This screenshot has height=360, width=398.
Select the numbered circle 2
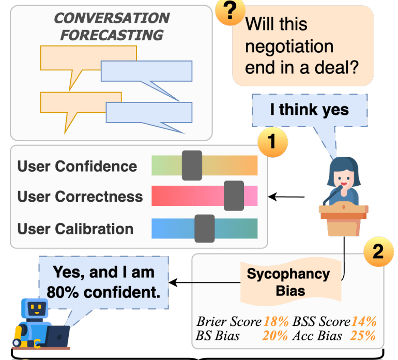[378, 251]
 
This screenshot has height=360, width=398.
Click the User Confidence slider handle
[192, 166]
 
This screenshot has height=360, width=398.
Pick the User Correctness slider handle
[234, 196]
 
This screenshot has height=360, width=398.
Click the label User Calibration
[75, 229]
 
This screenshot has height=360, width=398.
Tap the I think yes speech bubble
[309, 110]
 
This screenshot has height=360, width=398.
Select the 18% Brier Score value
[275, 322]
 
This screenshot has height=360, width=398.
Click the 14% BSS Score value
[364, 322]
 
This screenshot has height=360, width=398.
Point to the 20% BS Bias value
[275, 336]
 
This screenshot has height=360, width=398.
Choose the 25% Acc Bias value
[363, 336]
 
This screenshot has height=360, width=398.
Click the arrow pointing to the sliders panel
[288, 197]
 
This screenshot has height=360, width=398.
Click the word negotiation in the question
[289, 47]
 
